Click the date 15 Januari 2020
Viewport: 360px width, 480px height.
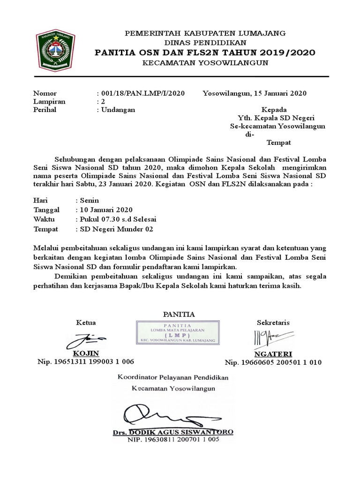280,93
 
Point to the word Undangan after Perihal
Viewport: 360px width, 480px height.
117,110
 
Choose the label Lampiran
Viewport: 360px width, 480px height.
49,101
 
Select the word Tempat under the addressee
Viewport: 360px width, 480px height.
279,142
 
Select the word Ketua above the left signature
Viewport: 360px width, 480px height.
86,322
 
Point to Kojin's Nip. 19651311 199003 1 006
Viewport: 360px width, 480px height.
86,361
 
